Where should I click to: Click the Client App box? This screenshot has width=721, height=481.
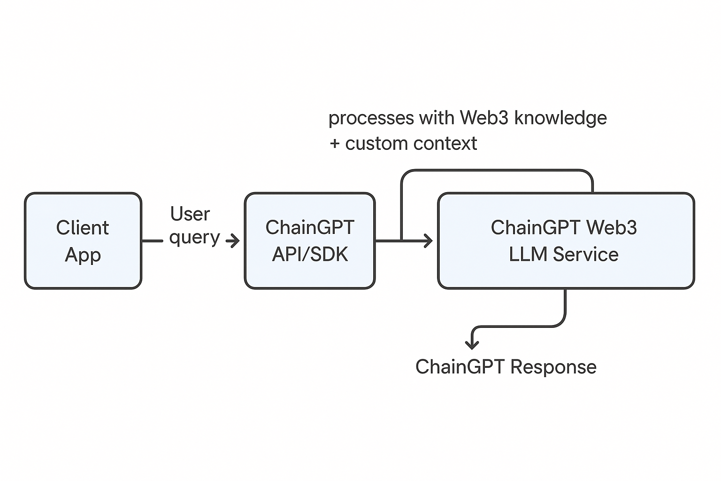(83, 240)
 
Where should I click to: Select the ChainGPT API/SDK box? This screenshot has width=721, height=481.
(310, 240)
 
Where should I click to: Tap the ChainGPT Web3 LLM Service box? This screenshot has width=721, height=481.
(566, 240)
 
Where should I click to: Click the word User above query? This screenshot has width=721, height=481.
(190, 214)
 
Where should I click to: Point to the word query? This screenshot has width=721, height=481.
(195, 238)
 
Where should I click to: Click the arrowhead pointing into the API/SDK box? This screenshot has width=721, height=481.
(234, 240)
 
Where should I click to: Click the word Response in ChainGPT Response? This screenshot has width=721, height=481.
(553, 367)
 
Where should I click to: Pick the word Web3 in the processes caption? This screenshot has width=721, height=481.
(484, 117)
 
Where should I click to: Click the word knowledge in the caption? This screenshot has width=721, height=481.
(561, 118)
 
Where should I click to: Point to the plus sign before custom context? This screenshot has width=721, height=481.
(335, 144)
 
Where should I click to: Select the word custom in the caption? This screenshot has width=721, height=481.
(377, 144)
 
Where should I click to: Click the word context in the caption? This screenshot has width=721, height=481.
(445, 144)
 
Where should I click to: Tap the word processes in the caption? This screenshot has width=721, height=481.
(371, 118)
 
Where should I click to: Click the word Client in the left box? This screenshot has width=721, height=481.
(83, 227)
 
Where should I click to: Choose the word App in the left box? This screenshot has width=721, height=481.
(83, 255)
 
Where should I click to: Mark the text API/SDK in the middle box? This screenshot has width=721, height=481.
(310, 254)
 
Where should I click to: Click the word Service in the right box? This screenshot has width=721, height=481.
(585, 254)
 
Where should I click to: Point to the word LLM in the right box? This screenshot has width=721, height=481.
(528, 254)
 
